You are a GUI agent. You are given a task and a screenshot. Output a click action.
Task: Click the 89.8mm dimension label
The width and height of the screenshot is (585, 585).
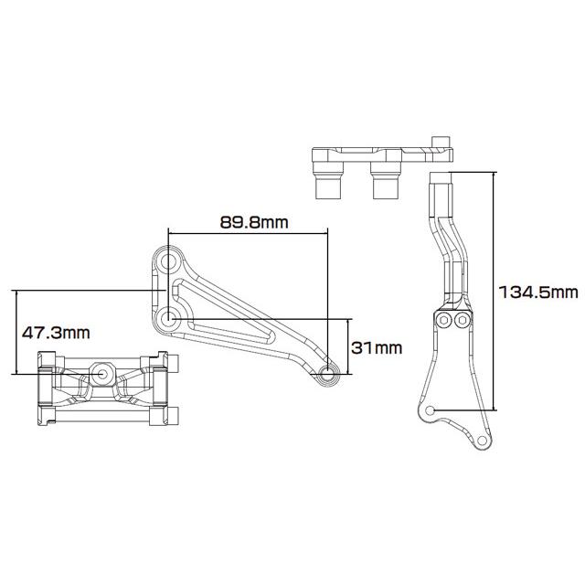[254, 222]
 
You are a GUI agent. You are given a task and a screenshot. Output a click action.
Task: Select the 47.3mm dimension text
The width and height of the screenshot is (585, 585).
[56, 332]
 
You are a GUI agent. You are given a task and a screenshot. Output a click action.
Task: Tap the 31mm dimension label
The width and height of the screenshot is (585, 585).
[377, 347]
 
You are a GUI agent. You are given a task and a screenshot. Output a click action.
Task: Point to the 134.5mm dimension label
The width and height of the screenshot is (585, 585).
[538, 292]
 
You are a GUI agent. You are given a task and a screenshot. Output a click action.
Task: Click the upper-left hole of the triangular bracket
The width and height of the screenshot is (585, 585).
[168, 262]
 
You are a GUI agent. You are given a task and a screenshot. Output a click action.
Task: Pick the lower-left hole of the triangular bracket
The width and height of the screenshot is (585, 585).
[168, 319]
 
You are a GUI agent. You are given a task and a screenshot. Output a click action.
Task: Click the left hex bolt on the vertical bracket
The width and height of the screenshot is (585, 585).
[444, 320]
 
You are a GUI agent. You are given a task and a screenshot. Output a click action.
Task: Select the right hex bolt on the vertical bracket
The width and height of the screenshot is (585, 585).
[462, 320]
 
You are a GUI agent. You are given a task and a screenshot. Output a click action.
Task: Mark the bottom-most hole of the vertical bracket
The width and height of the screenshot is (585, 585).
[482, 441]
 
